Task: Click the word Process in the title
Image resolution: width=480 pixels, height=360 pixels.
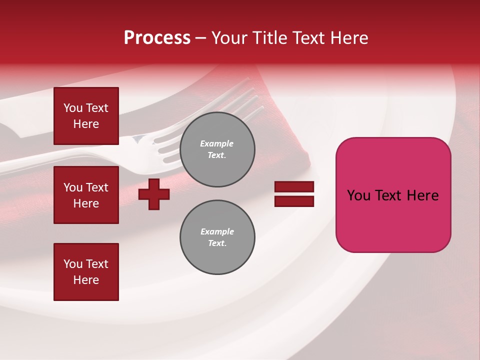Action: (157, 38)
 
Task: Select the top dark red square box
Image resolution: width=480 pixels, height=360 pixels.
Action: (86, 116)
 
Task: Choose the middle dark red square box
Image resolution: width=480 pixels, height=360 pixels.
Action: (86, 195)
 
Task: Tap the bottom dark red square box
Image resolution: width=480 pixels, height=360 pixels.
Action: (86, 271)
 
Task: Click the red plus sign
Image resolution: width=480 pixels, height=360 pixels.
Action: (154, 194)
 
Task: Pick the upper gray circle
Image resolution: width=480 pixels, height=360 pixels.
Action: (217, 149)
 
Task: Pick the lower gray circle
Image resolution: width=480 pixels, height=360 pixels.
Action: (217, 237)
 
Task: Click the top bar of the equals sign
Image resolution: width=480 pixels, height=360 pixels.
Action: (294, 187)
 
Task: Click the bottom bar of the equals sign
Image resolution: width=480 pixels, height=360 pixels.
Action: (294, 201)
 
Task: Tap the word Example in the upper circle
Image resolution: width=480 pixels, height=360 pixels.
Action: (217, 143)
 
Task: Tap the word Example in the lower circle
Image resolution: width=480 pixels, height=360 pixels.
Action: (217, 231)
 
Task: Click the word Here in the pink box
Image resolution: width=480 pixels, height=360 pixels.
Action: (422, 195)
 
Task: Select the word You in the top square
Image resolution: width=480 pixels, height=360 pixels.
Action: (72, 108)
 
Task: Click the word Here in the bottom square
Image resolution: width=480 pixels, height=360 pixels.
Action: (86, 280)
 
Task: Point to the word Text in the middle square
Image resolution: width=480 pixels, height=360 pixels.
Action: (96, 187)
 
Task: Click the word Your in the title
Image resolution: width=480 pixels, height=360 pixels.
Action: (231, 38)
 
